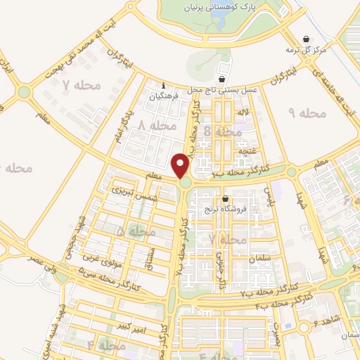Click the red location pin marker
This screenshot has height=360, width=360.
182,165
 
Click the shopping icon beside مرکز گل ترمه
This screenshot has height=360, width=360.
306,39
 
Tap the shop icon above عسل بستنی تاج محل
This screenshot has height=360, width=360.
221,79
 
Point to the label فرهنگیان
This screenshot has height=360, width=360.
164,91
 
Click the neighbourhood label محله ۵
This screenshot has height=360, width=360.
134,231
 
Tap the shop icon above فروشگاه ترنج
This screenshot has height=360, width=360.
225,199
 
